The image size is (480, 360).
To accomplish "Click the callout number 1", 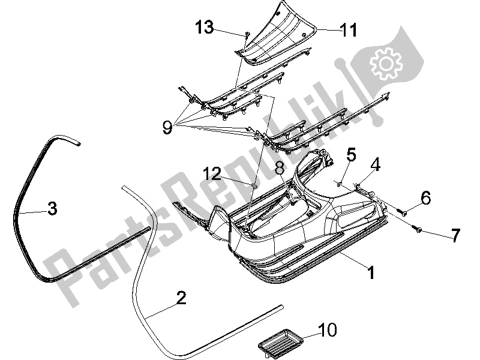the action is coord(371,272).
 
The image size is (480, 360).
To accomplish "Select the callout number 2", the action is coord(181,298).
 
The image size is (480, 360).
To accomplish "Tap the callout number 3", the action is coord(52,208).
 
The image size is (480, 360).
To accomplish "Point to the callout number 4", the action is coord(375,164).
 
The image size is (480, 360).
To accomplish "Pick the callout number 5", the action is coord(351,155).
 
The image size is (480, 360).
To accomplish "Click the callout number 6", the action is coord(425,198).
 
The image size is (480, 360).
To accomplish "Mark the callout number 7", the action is coord(455,235).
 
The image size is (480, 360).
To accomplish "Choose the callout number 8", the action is coord(279,169).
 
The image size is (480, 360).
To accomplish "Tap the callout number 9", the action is coord(167,127).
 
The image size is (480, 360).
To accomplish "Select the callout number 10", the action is coord(327,329).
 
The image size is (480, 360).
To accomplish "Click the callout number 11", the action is coord(349,30).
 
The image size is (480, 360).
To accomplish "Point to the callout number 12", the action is coord(212,174).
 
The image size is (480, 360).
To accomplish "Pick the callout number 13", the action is coord(205,27).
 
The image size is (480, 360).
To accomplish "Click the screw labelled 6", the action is coord(400,211).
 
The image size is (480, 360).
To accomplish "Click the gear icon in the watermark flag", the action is coord(386,64).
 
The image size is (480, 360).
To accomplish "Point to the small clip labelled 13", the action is coord(247,34).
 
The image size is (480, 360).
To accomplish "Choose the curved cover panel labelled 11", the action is coord(275,34).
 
